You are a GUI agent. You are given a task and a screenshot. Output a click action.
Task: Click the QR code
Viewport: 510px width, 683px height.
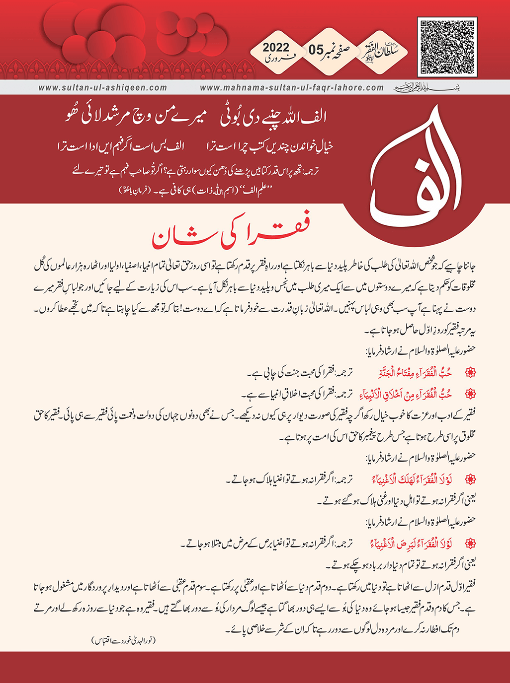(447, 47)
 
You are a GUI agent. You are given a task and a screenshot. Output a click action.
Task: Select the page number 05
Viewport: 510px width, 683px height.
(316, 50)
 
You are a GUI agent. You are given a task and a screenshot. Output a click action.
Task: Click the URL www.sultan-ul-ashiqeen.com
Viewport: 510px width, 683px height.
(103, 87)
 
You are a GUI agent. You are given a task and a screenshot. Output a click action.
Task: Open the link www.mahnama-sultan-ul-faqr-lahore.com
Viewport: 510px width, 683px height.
(292, 87)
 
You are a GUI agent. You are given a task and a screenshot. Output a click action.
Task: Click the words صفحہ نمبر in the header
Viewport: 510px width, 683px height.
(345, 50)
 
